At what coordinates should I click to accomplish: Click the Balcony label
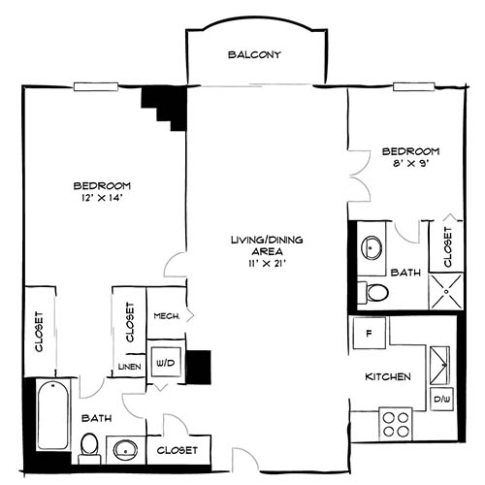point(254,55)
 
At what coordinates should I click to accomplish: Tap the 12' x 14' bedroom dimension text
point(101,199)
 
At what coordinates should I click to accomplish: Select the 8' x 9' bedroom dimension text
point(410,165)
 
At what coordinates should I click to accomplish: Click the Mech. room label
point(166,315)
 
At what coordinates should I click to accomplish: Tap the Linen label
point(129,367)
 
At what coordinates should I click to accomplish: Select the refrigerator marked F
point(370,334)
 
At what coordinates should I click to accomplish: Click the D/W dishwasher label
point(441,400)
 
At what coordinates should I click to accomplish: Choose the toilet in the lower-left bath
point(89,445)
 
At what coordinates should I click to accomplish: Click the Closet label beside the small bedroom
point(447,247)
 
